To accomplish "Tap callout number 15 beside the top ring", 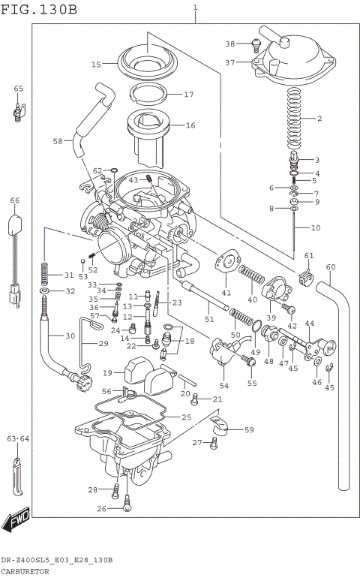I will click(x=97, y=65).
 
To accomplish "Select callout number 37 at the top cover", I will click(x=230, y=62).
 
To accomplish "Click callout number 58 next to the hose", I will click(x=58, y=140).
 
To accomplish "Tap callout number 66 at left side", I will click(x=15, y=200).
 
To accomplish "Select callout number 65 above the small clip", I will click(x=18, y=89).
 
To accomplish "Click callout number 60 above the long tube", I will click(x=331, y=267).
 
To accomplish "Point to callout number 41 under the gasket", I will click(x=226, y=292).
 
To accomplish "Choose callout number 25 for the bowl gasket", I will click(x=187, y=417).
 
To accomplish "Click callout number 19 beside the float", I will click(x=108, y=373).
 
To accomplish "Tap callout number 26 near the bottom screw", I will click(x=102, y=509).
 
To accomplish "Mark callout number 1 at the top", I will click(x=196, y=8).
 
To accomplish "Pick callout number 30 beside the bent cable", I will click(x=70, y=336).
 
